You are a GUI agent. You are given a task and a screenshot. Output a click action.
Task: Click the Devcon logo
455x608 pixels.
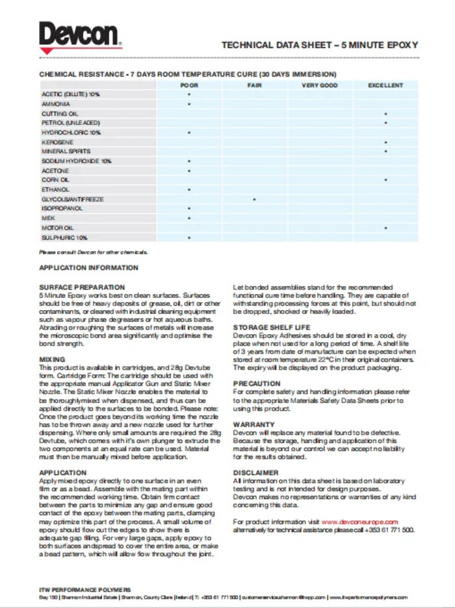(79, 36)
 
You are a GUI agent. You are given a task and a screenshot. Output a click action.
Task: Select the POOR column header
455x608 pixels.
(189, 85)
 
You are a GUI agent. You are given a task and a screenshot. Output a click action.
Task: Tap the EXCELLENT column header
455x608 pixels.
(385, 85)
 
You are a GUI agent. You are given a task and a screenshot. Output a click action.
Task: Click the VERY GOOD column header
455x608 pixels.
(319, 85)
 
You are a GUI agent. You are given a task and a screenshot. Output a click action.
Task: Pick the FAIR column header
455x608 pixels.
(254, 85)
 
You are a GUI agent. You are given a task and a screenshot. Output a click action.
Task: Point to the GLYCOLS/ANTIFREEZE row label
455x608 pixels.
(72, 199)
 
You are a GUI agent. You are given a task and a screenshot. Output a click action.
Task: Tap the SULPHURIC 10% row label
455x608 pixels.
(64, 237)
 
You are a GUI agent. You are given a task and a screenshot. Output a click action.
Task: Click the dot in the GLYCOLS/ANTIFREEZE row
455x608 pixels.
(254, 199)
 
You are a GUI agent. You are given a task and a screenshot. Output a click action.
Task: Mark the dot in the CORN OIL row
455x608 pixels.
(386, 180)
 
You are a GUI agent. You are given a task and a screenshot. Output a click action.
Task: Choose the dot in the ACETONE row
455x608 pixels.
(189, 171)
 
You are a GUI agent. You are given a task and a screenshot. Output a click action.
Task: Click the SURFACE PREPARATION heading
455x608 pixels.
(82, 287)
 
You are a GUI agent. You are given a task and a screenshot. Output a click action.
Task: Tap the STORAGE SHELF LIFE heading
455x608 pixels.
(272, 327)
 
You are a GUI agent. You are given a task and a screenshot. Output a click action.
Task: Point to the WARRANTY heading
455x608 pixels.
(253, 424)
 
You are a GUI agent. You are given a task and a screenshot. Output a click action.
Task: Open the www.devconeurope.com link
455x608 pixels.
(359, 521)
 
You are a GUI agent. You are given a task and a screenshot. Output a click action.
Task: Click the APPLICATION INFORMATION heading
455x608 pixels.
(88, 267)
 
